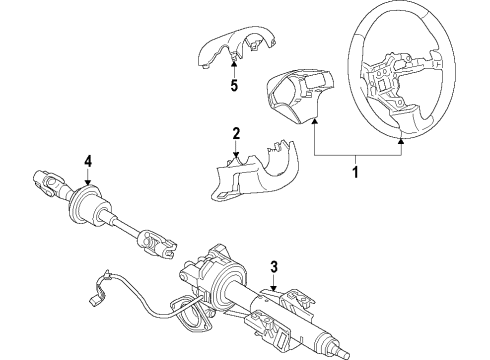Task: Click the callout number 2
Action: click(x=236, y=133)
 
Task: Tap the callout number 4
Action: click(x=88, y=160)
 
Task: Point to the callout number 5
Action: click(x=234, y=85)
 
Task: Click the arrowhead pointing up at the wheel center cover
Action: click(x=314, y=122)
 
